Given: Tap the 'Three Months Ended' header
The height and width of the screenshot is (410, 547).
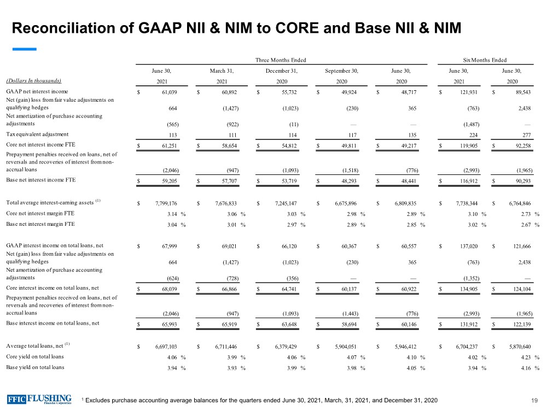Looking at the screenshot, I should point(281,60).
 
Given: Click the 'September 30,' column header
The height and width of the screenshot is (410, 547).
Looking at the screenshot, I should point(341,70).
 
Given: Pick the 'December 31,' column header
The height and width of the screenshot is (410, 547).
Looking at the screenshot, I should point(281,70).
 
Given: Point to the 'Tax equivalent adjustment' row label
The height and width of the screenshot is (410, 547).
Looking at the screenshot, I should point(37,134).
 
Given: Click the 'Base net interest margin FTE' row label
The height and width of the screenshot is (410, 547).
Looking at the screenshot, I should point(40,224).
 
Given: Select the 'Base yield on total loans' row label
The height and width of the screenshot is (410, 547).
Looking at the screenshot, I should point(35,367).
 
